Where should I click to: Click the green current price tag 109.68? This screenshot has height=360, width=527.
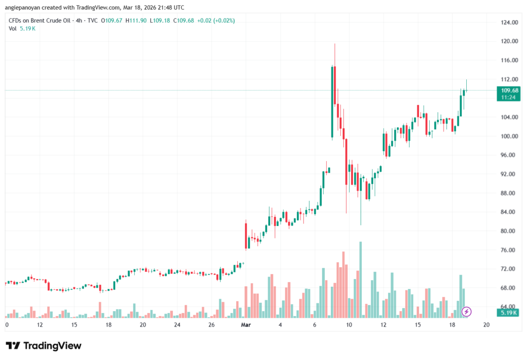(x=507, y=93)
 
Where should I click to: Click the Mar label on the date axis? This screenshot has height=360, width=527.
(x=245, y=325)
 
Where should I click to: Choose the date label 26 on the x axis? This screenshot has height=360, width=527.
(x=212, y=325)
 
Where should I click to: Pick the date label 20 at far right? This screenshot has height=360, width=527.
(x=486, y=325)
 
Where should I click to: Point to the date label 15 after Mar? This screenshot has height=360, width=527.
(x=418, y=325)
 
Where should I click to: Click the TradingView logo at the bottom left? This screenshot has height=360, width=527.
(x=43, y=346)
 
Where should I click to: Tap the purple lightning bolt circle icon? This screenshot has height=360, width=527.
(x=467, y=311)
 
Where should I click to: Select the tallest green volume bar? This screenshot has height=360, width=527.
(x=361, y=280)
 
